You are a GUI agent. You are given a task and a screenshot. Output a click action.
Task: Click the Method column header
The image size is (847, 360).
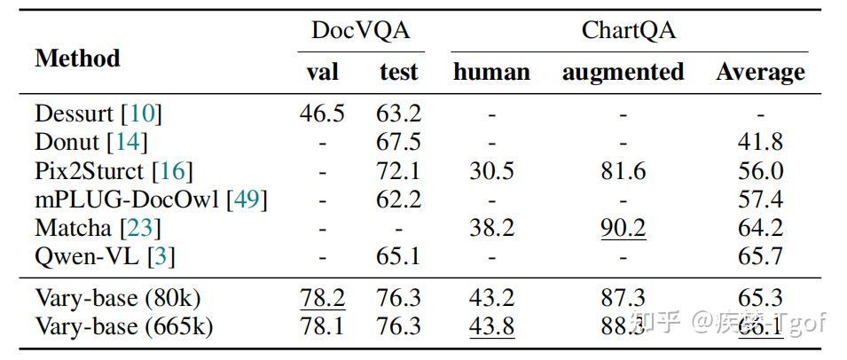tap(77, 59)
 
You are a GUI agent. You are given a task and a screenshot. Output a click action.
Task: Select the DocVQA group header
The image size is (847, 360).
tap(360, 31)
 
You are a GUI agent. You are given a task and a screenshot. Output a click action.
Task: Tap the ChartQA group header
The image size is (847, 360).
tap(628, 31)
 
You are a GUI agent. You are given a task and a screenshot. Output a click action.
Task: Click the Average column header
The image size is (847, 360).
tap(760, 72)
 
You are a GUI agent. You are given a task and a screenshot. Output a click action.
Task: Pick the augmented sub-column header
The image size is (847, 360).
tap(623, 72)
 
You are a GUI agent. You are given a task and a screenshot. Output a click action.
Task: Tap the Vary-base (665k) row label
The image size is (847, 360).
tap(124, 326)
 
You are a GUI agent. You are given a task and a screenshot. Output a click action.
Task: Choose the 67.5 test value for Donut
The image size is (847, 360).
tap(398, 142)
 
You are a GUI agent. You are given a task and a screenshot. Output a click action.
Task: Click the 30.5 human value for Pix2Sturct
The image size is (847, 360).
tap(491, 171)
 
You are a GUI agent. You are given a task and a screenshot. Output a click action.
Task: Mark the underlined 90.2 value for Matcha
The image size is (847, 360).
tap(623, 228)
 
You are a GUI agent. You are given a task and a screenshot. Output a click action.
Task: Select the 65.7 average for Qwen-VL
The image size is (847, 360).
tap(760, 256)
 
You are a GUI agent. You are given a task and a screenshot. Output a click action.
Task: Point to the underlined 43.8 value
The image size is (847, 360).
tap(491, 326)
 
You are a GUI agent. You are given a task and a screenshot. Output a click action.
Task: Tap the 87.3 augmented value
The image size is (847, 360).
tap(623, 298)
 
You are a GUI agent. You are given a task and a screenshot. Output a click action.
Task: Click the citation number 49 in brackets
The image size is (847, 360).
tap(247, 200)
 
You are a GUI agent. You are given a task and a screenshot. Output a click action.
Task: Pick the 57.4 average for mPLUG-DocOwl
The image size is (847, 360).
tap(760, 200)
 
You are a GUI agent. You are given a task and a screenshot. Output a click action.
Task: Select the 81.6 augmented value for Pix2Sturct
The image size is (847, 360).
tap(623, 171)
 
